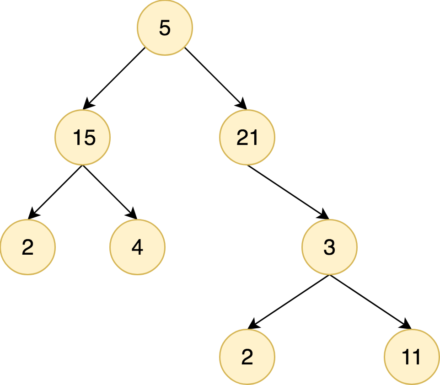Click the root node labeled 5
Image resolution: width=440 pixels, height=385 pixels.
[165, 28]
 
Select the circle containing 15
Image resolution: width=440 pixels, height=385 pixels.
[82, 137]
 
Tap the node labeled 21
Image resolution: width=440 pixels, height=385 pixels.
[247, 137]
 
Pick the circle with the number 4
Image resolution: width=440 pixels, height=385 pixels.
[137, 247]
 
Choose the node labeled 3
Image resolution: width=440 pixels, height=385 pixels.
[329, 247]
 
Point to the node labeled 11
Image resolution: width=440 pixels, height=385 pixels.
[412, 357]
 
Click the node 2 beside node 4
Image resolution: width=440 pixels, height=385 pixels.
[27, 247]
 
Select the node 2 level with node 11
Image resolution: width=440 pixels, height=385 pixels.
[247, 357]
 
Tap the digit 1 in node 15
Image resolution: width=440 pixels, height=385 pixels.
[78, 138]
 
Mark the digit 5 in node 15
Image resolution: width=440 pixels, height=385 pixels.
[90, 138]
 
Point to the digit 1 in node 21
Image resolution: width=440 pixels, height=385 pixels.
[254, 138]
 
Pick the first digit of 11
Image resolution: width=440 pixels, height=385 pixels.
[406, 357]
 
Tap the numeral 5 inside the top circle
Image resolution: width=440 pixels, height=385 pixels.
[165, 28]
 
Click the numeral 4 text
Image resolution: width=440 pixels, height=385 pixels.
[137, 247]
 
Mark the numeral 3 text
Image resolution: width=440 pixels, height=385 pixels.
[329, 247]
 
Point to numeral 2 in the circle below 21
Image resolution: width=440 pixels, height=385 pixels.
[247, 357]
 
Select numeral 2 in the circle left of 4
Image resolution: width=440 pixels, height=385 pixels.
[27, 247]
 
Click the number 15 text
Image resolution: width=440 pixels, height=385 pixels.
[84, 138]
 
